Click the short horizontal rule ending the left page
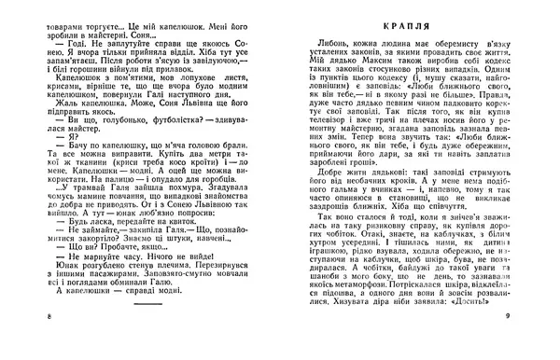point(144,329)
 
